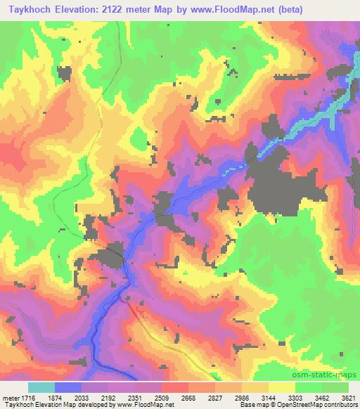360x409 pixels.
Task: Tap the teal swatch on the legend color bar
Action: click(x=41, y=387)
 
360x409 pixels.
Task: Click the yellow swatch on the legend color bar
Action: click(x=282, y=387)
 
